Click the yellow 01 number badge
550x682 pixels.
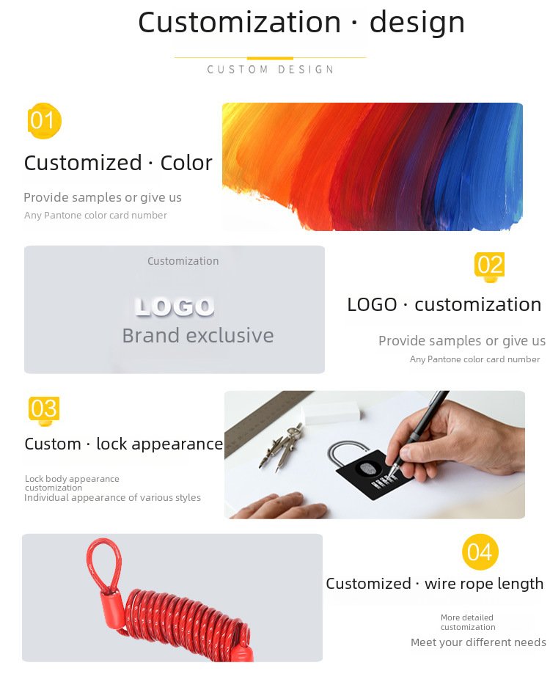(44, 120)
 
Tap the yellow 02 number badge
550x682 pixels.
(490, 265)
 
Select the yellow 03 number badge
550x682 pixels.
(44, 409)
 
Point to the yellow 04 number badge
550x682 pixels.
(480, 552)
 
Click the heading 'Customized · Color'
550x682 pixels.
(118, 164)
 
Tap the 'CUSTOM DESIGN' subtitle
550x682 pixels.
(271, 70)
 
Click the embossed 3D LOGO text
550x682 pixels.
(175, 307)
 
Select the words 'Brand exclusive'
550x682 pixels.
(198, 335)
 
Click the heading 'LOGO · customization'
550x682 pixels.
(444, 305)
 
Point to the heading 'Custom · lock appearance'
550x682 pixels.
(124, 444)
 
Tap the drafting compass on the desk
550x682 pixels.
(282, 447)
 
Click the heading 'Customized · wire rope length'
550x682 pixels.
(435, 584)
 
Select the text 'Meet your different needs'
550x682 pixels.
(478, 642)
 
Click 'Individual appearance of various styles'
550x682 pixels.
(113, 498)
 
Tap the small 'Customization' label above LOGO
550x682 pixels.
(183, 261)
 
